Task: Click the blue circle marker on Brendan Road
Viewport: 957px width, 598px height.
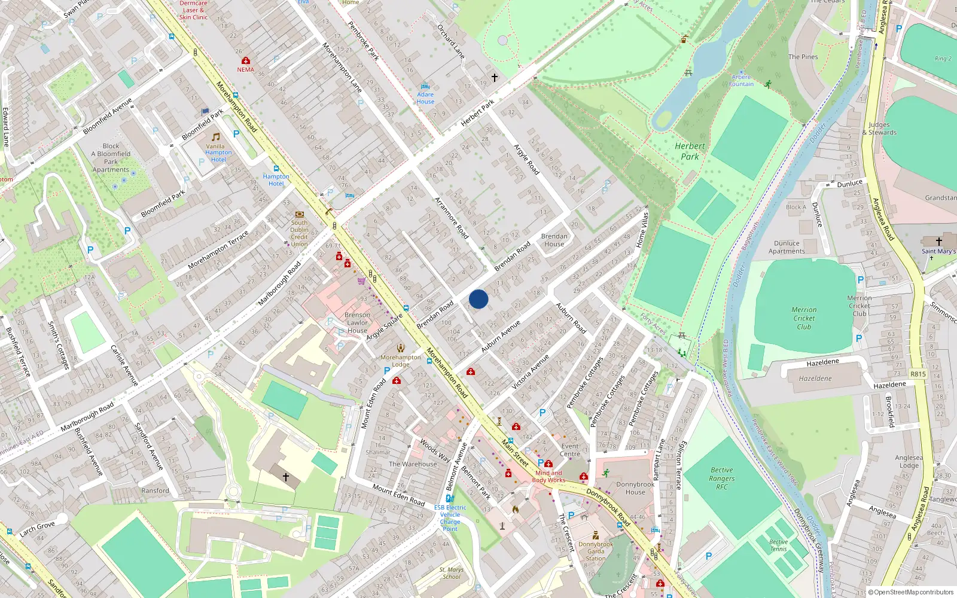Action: [478, 299]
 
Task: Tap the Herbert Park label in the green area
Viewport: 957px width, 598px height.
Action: [690, 151]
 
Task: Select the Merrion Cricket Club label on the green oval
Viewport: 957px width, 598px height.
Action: [804, 318]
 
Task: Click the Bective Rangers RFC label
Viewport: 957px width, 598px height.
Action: [722, 478]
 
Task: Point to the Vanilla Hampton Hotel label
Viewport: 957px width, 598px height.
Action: [218, 152]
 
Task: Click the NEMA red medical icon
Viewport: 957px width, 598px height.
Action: [245, 61]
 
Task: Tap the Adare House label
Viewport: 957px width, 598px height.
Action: [425, 98]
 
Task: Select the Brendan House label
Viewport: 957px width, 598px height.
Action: [554, 240]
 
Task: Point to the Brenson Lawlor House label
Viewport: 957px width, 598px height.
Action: [357, 322]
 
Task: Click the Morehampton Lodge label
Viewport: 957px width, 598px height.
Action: [400, 361]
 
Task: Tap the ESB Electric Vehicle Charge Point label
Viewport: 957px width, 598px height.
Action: [450, 518]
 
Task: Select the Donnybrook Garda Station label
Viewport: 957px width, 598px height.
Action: [596, 551]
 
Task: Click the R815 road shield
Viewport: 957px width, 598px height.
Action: [918, 374]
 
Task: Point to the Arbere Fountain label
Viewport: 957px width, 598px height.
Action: [741, 81]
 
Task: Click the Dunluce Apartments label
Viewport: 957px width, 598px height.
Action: [787, 247]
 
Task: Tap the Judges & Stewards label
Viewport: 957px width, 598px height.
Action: [879, 129]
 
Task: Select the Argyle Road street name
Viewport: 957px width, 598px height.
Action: [526, 160]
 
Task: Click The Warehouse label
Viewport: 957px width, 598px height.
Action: [413, 464]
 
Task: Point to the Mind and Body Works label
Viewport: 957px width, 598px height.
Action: [548, 476]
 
